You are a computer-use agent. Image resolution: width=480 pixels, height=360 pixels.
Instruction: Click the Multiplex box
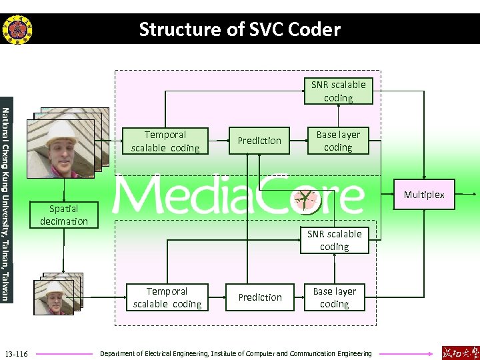(x=424, y=195)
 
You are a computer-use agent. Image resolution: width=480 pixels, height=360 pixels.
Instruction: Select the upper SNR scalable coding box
(x=338, y=91)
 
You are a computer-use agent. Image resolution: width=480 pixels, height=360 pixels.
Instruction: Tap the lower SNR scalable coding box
(x=334, y=240)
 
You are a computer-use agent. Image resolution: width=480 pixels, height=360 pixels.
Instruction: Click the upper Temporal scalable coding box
(x=165, y=141)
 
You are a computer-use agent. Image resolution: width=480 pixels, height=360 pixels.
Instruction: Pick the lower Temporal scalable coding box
(x=167, y=297)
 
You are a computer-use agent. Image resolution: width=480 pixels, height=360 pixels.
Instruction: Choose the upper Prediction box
(x=259, y=141)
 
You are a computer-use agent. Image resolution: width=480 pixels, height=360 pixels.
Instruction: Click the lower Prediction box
(x=260, y=297)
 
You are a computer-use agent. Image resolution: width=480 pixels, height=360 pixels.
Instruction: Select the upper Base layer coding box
(x=338, y=141)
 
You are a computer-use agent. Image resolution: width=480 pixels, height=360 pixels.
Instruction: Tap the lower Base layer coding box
(x=334, y=297)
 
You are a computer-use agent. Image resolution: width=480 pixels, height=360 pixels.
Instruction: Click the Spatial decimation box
(x=63, y=215)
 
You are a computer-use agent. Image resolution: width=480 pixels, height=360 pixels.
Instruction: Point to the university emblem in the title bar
(x=17, y=29)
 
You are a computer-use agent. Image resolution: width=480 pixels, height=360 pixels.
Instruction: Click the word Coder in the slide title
(x=315, y=29)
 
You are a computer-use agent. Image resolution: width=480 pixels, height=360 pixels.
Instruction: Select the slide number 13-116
(x=16, y=353)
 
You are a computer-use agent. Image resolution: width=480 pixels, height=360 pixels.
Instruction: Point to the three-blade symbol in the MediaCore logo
(x=306, y=198)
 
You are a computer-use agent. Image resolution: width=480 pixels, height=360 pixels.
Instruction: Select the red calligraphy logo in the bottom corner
(x=459, y=352)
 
